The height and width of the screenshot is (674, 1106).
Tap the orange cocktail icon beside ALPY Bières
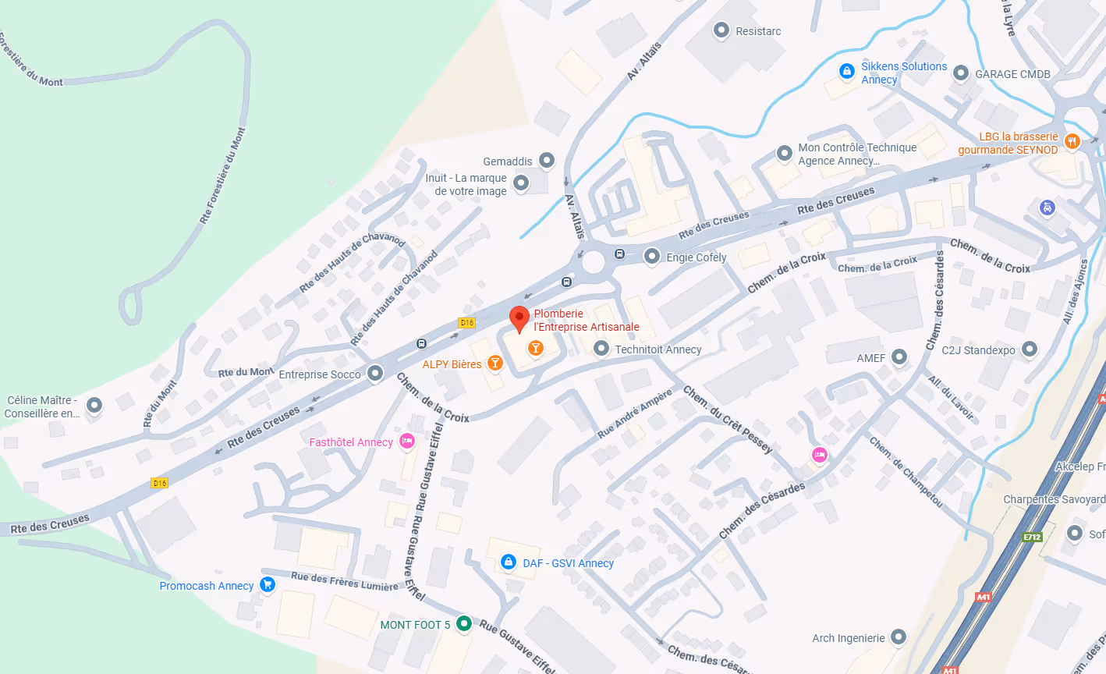tap(495, 364)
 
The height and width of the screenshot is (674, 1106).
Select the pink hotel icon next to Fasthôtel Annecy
tap(406, 442)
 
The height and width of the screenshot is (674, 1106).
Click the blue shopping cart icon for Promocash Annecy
tap(268, 584)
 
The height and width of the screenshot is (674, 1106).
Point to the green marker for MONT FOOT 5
tap(464, 623)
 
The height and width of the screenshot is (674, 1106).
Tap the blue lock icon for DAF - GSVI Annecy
tap(509, 562)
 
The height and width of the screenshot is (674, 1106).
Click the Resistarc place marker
tap(721, 30)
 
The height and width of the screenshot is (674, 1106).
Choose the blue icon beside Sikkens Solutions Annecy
tap(846, 72)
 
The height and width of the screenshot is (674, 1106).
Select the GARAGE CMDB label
tap(1012, 74)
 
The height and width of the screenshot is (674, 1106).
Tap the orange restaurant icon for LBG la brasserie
tap(1072, 141)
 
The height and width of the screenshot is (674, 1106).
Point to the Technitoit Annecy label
tap(658, 349)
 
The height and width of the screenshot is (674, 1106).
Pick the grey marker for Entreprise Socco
tap(375, 373)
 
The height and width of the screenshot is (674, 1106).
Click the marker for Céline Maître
tap(94, 405)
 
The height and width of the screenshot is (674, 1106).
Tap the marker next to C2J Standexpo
tap(1030, 349)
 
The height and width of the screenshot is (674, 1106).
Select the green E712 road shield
tap(1033, 537)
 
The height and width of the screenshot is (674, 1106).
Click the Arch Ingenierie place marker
tap(899, 637)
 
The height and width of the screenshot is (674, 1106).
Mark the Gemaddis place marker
tap(547, 160)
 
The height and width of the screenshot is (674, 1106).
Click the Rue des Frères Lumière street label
tap(344, 581)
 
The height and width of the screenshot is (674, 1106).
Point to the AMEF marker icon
tap(899, 357)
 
